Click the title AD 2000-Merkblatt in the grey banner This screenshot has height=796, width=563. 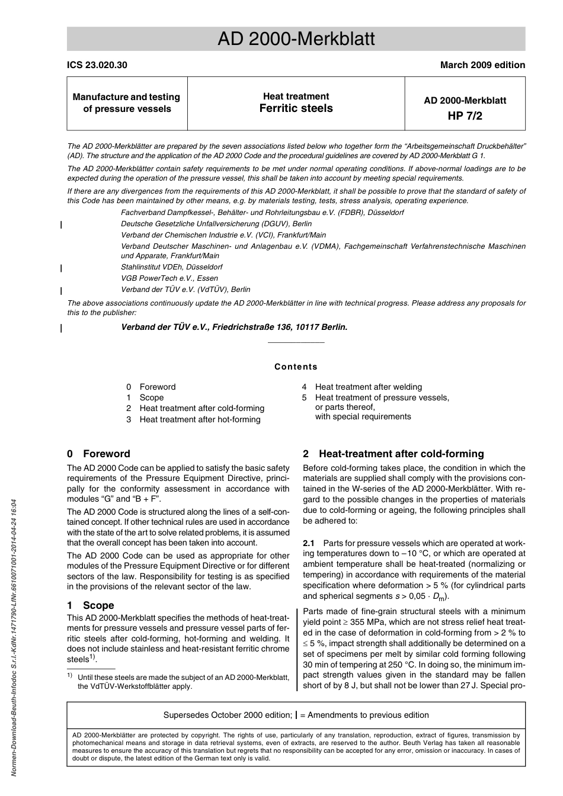296,39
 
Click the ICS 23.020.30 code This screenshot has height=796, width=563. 97,65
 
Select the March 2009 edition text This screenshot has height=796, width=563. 482,65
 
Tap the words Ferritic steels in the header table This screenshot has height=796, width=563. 296,108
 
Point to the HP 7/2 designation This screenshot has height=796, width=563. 465,115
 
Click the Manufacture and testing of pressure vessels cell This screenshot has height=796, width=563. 127,103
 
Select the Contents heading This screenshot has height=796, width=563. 296,367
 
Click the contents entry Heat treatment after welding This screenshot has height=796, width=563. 368,387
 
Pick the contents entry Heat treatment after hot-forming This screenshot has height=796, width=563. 200,419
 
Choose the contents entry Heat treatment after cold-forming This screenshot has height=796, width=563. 201,408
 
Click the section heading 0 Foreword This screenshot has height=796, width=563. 98,454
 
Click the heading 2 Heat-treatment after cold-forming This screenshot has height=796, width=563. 394,454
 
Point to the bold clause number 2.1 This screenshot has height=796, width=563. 309,543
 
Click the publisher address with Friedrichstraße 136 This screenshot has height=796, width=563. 234,327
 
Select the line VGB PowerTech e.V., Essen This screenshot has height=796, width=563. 169,278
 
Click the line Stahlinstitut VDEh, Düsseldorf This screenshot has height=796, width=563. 172,267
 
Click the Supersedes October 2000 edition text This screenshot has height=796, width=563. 228,715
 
